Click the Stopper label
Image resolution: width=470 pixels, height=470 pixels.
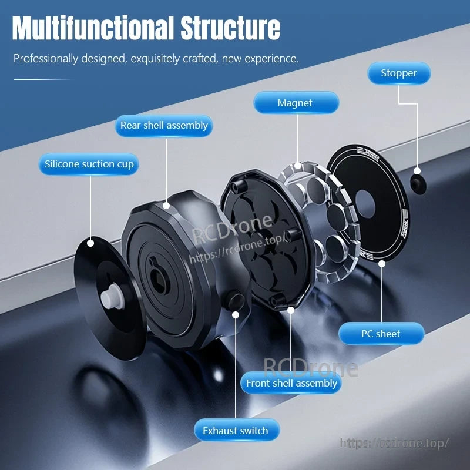(x=399, y=73)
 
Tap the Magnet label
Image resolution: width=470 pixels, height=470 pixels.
(x=296, y=103)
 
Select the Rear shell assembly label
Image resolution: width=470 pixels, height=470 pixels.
(x=164, y=126)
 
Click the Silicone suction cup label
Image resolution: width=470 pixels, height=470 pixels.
(x=89, y=164)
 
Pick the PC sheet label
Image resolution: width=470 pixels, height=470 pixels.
(x=381, y=334)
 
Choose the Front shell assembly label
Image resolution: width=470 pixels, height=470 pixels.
(x=291, y=383)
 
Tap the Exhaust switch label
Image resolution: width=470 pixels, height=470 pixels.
(x=236, y=431)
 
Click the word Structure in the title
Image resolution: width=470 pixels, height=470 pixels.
(x=230, y=28)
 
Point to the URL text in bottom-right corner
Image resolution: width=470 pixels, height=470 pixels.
(x=394, y=443)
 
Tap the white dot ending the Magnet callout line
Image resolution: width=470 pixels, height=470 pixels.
(x=298, y=166)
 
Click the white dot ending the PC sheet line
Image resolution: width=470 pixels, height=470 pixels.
(x=382, y=264)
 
